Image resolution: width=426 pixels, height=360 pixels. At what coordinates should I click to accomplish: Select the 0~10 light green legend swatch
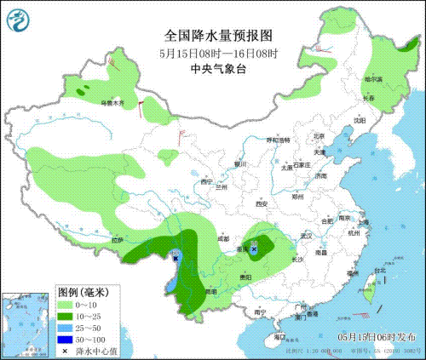(x=66, y=304)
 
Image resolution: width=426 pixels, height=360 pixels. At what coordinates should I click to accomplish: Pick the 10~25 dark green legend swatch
(x=66, y=316)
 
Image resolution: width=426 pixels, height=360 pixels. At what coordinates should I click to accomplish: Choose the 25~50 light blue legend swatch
(x=66, y=328)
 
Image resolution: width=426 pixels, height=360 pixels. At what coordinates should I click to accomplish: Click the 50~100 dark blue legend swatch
(x=66, y=339)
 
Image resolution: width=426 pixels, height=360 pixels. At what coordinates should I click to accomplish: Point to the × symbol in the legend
(x=66, y=350)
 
